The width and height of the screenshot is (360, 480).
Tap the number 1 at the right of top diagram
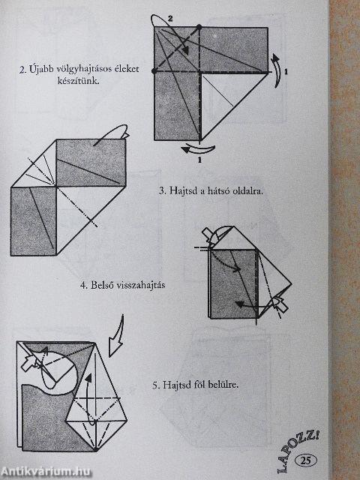tap(285, 72)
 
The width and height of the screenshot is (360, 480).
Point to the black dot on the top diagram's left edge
tap(154, 72)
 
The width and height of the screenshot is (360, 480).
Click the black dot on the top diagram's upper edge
tap(200, 28)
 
